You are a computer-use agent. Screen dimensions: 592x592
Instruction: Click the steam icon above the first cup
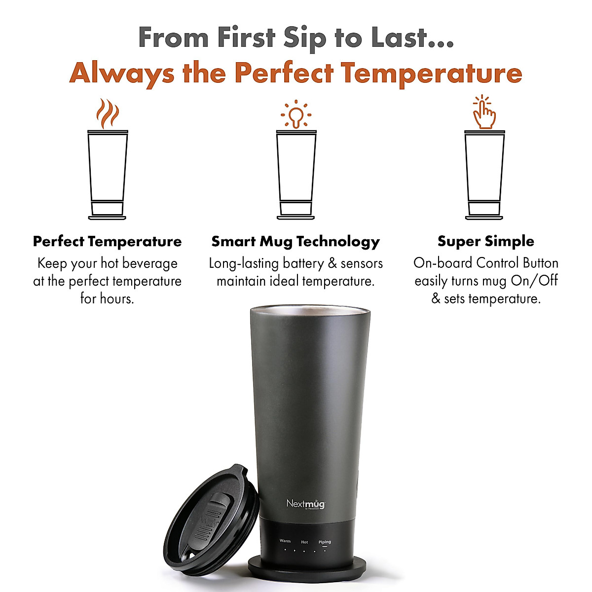tap(108, 113)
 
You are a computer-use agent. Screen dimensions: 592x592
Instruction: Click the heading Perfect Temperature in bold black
tap(107, 241)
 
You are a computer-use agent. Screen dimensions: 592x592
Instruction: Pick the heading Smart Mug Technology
tap(296, 241)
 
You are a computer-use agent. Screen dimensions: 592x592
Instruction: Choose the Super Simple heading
tap(485, 241)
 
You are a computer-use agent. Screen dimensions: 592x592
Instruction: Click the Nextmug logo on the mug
tap(305, 504)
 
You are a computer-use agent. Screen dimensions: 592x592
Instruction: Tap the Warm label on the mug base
tap(285, 541)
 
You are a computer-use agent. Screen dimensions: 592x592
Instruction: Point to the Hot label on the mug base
tap(304, 542)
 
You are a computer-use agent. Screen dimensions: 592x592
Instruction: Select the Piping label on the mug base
tap(325, 542)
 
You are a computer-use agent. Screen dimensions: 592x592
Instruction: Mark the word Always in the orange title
tap(121, 73)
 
